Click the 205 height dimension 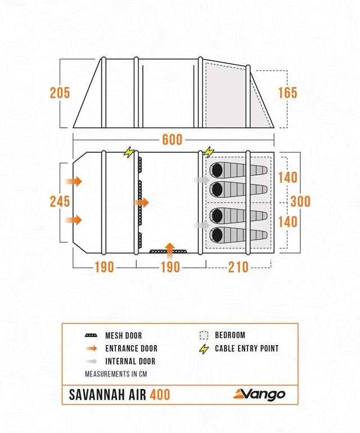tap(60, 93)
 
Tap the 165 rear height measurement tap(287, 93)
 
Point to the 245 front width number tap(60, 202)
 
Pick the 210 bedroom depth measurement tap(238, 267)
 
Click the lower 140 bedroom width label tap(287, 222)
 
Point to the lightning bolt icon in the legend tap(204, 349)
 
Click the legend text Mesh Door tap(124, 336)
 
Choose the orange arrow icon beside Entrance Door tap(91, 349)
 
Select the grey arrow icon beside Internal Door tap(91, 361)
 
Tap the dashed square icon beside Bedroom tap(204, 335)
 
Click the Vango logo tap(260, 394)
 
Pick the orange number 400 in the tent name tap(159, 395)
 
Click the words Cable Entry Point tap(246, 349)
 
